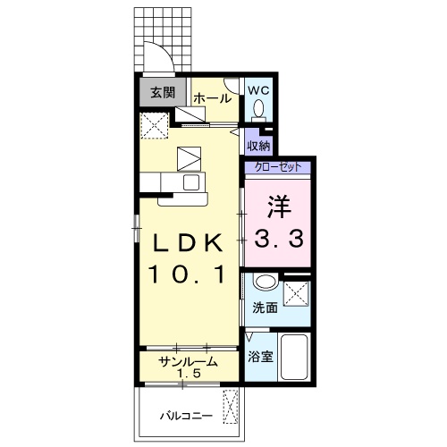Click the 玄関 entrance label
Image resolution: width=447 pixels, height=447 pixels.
click(x=163, y=93)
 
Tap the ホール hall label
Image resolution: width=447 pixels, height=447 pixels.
click(x=213, y=98)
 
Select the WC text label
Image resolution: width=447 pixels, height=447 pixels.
click(x=258, y=90)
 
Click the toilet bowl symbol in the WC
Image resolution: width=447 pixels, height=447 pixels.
click(x=258, y=108)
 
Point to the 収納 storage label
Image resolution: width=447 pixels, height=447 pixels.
click(x=258, y=146)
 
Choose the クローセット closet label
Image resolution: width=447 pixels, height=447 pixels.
click(x=278, y=167)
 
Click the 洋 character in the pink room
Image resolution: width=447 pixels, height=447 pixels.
click(x=279, y=207)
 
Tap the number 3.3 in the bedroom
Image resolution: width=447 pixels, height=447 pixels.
click(x=279, y=239)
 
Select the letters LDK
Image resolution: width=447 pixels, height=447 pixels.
click(x=188, y=241)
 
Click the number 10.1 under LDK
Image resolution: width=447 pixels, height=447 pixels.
click(x=187, y=274)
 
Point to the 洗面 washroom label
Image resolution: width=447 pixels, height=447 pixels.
click(x=265, y=308)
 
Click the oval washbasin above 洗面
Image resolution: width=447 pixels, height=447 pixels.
click(x=266, y=282)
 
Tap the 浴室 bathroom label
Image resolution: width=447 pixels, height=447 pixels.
click(x=260, y=357)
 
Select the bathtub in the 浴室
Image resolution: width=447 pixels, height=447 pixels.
click(x=294, y=357)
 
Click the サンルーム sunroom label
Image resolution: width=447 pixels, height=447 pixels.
click(x=189, y=362)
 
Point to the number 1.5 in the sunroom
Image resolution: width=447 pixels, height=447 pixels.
click(x=189, y=373)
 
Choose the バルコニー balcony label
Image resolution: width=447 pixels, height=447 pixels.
click(x=187, y=416)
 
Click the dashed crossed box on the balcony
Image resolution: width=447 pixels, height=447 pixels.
click(x=231, y=407)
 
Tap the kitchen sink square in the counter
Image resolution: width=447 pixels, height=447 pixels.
click(x=191, y=182)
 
